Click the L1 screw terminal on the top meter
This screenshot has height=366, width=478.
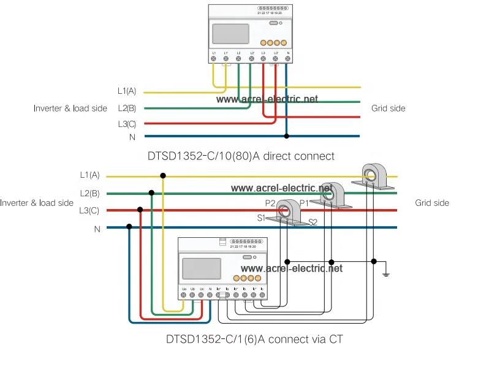click(x=214, y=60)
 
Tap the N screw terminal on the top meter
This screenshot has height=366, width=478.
click(x=287, y=60)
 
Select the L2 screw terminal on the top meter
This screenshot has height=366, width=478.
click(x=238, y=60)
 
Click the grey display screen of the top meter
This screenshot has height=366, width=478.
click(x=230, y=33)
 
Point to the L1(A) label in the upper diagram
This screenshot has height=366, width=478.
click(x=127, y=91)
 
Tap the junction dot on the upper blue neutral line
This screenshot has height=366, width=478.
click(x=287, y=136)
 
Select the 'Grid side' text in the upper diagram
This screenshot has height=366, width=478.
click(x=388, y=109)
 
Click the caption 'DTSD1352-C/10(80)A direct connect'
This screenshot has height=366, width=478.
click(x=241, y=156)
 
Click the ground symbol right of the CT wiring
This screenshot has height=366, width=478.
click(x=385, y=272)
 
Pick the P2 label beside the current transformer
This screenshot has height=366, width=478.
click(x=270, y=203)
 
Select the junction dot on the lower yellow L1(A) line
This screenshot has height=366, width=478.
click(x=162, y=176)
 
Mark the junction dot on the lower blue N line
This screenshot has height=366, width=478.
click(x=129, y=227)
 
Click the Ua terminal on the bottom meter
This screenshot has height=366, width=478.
click(x=184, y=295)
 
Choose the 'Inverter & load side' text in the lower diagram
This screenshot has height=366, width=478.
click(x=37, y=203)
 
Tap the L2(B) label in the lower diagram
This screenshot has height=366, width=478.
click(x=89, y=194)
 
